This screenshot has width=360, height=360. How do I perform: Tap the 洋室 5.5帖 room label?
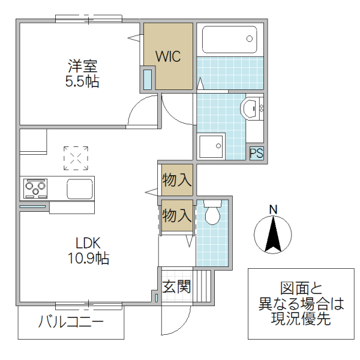point(82,74)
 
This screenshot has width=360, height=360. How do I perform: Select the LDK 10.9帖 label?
point(91,251)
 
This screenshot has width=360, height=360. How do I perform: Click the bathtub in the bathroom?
point(230,40)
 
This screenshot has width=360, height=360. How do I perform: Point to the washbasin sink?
point(249,109)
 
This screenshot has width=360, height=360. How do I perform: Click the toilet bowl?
point(212,212)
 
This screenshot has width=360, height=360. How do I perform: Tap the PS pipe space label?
point(256,152)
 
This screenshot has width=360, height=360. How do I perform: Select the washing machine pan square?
point(211,146)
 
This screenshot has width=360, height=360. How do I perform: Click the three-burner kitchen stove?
point(35,188)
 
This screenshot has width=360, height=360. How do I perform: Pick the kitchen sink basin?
point(80,188)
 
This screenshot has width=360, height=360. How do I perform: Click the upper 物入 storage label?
point(177,179)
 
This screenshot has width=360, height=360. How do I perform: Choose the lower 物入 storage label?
point(177,215)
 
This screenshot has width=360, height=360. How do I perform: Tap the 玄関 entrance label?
point(176,286)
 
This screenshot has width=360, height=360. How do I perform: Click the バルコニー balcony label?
point(71,322)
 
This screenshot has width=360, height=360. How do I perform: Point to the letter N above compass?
point(273,209)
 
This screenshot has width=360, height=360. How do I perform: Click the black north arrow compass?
point(273,235)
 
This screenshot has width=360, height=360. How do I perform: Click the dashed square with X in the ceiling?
point(76,158)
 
